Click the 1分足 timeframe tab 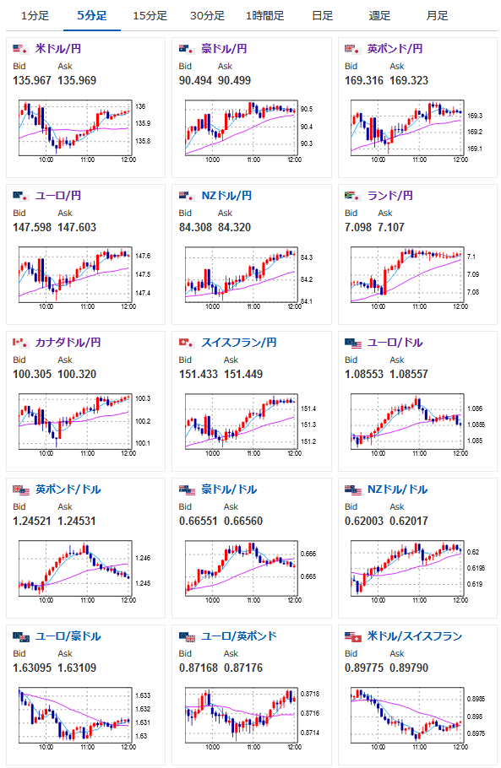[35, 16]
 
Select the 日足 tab [322, 16]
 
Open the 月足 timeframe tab [437, 16]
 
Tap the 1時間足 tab [264, 16]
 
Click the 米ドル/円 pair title [58, 48]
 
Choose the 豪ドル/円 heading [224, 48]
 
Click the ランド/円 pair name [390, 196]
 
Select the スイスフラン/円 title [239, 343]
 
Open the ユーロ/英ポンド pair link [239, 635]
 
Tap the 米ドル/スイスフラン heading [415, 635]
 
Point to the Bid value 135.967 [32, 80]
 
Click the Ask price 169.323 [409, 80]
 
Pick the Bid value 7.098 [358, 227]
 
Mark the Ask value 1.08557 [409, 374]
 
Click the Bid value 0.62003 [364, 522]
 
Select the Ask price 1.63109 [77, 668]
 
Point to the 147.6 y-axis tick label [143, 256]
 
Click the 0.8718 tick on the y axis [310, 694]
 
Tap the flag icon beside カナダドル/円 [20, 343]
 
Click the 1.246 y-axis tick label [143, 558]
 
